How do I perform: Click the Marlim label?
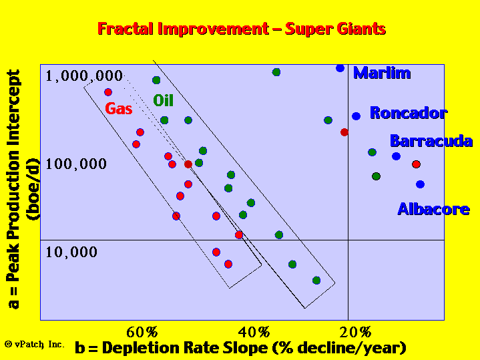click(x=382, y=73)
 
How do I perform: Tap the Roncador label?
click(x=409, y=113)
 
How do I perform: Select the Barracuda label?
click(x=431, y=141)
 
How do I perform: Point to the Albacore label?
click(x=433, y=209)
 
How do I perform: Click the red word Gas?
click(x=118, y=109)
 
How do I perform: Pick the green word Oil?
click(x=163, y=100)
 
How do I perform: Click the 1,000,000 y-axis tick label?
click(x=84, y=76)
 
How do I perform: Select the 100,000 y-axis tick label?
click(x=76, y=164)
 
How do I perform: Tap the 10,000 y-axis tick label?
click(x=71, y=252)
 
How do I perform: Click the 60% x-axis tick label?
click(x=142, y=332)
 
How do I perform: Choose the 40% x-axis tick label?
click(x=254, y=332)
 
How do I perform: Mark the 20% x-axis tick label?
click(x=355, y=332)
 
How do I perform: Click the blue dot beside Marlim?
click(x=340, y=68)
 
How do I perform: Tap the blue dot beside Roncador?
click(x=356, y=116)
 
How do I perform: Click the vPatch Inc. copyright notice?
click(x=35, y=344)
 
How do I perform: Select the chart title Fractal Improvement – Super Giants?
click(x=242, y=29)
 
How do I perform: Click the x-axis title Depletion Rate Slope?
click(x=240, y=348)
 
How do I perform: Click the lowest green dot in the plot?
click(x=316, y=281)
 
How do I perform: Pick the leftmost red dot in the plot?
click(x=108, y=92)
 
